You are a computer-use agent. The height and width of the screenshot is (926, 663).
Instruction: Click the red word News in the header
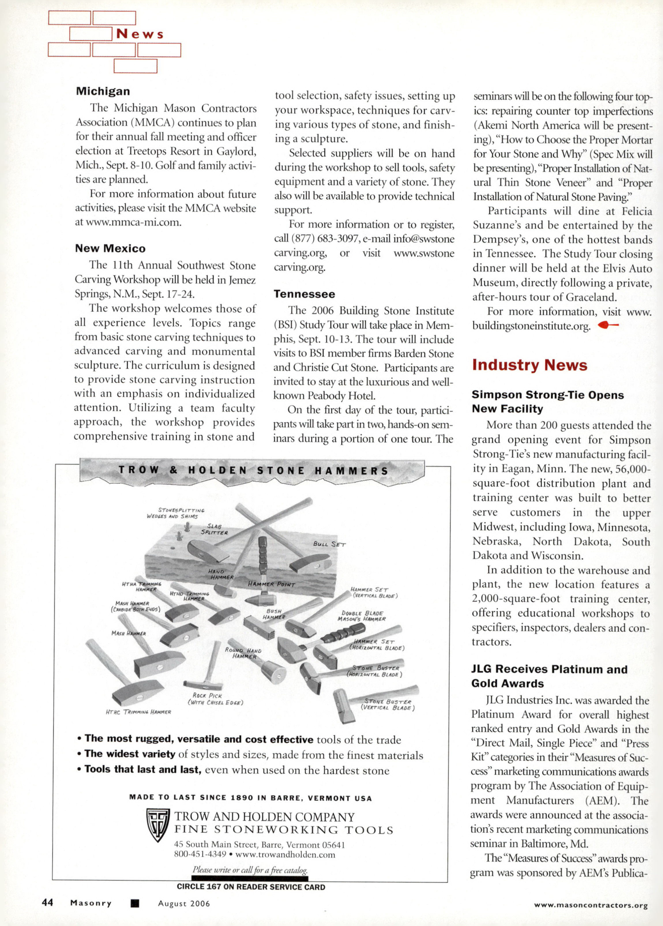click(x=140, y=34)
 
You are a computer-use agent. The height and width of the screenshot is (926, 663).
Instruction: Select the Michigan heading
click(x=103, y=91)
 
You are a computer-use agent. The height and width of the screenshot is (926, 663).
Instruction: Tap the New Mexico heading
click(x=110, y=248)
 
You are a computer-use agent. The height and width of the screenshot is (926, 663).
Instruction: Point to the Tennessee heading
click(x=304, y=294)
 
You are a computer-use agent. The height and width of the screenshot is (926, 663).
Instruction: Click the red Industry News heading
click(x=529, y=365)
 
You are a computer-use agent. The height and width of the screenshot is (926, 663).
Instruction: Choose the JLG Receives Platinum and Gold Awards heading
click(x=549, y=676)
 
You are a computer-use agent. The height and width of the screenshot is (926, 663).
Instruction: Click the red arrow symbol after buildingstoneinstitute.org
click(x=608, y=326)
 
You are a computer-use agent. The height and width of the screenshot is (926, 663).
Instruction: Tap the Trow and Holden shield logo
click(x=158, y=825)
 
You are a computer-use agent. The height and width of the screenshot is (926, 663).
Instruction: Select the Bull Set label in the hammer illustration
click(x=329, y=544)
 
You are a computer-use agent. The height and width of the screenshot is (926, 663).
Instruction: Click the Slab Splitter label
click(x=214, y=529)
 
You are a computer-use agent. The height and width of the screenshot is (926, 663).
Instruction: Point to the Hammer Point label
click(x=271, y=584)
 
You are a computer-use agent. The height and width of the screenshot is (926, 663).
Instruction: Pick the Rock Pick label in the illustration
click(x=215, y=699)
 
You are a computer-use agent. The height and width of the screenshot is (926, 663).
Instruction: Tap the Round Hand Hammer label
click(x=244, y=653)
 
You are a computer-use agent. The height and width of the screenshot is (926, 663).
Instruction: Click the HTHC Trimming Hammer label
click(x=138, y=712)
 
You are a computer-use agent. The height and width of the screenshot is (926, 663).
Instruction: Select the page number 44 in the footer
click(x=48, y=902)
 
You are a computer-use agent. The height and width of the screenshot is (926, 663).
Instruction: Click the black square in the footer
click(x=135, y=903)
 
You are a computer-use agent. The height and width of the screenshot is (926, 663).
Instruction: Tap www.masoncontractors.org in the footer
click(x=591, y=905)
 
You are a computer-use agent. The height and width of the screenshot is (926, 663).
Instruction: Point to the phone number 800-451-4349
click(x=200, y=854)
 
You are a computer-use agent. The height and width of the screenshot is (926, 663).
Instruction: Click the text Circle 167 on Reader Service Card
click(x=251, y=887)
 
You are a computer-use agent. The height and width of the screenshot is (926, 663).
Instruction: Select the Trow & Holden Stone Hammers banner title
click(x=253, y=471)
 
